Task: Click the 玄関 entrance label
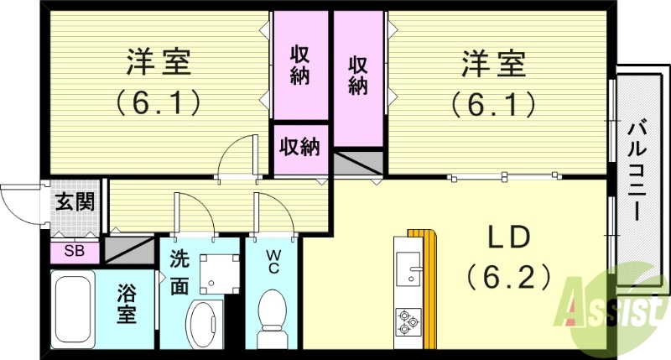[75, 202]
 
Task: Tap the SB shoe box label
[75, 250]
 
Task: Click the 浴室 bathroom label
[126, 307]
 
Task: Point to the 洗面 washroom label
[179, 274]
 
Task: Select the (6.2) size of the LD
[508, 274]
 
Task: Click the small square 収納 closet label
[299, 148]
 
